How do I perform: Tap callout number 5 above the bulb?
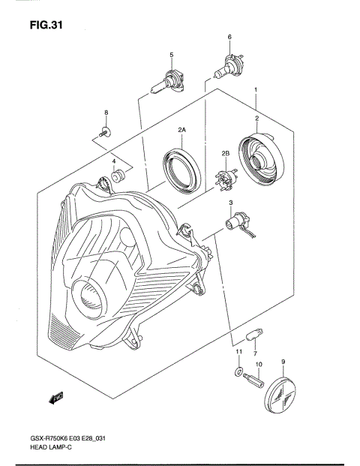[x=171, y=55]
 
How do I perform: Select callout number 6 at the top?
[x=229, y=38]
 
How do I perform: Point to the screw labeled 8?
[x=106, y=133]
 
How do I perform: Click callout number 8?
[x=106, y=113]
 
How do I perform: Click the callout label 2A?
[x=181, y=131]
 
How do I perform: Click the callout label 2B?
[x=224, y=155]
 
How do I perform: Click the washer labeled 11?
[x=238, y=371]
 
